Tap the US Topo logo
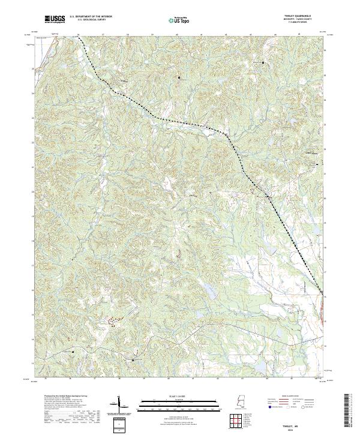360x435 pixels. tap(181, 19)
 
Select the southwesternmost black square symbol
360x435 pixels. tap(73, 351)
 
